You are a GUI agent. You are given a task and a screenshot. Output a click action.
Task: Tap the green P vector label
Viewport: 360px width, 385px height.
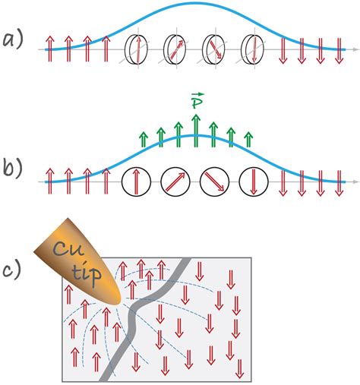point(195,103)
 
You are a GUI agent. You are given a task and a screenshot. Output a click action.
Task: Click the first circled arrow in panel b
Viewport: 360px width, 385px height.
point(137,182)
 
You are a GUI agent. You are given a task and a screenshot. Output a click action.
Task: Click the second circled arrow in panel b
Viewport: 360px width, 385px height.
point(176,182)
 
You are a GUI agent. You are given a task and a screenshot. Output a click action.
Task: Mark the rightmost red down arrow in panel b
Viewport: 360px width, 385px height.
point(337,183)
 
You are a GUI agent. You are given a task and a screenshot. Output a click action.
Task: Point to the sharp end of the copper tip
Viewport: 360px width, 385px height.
point(118,300)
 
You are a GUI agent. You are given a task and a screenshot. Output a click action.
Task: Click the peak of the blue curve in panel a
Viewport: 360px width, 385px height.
point(195,5)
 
